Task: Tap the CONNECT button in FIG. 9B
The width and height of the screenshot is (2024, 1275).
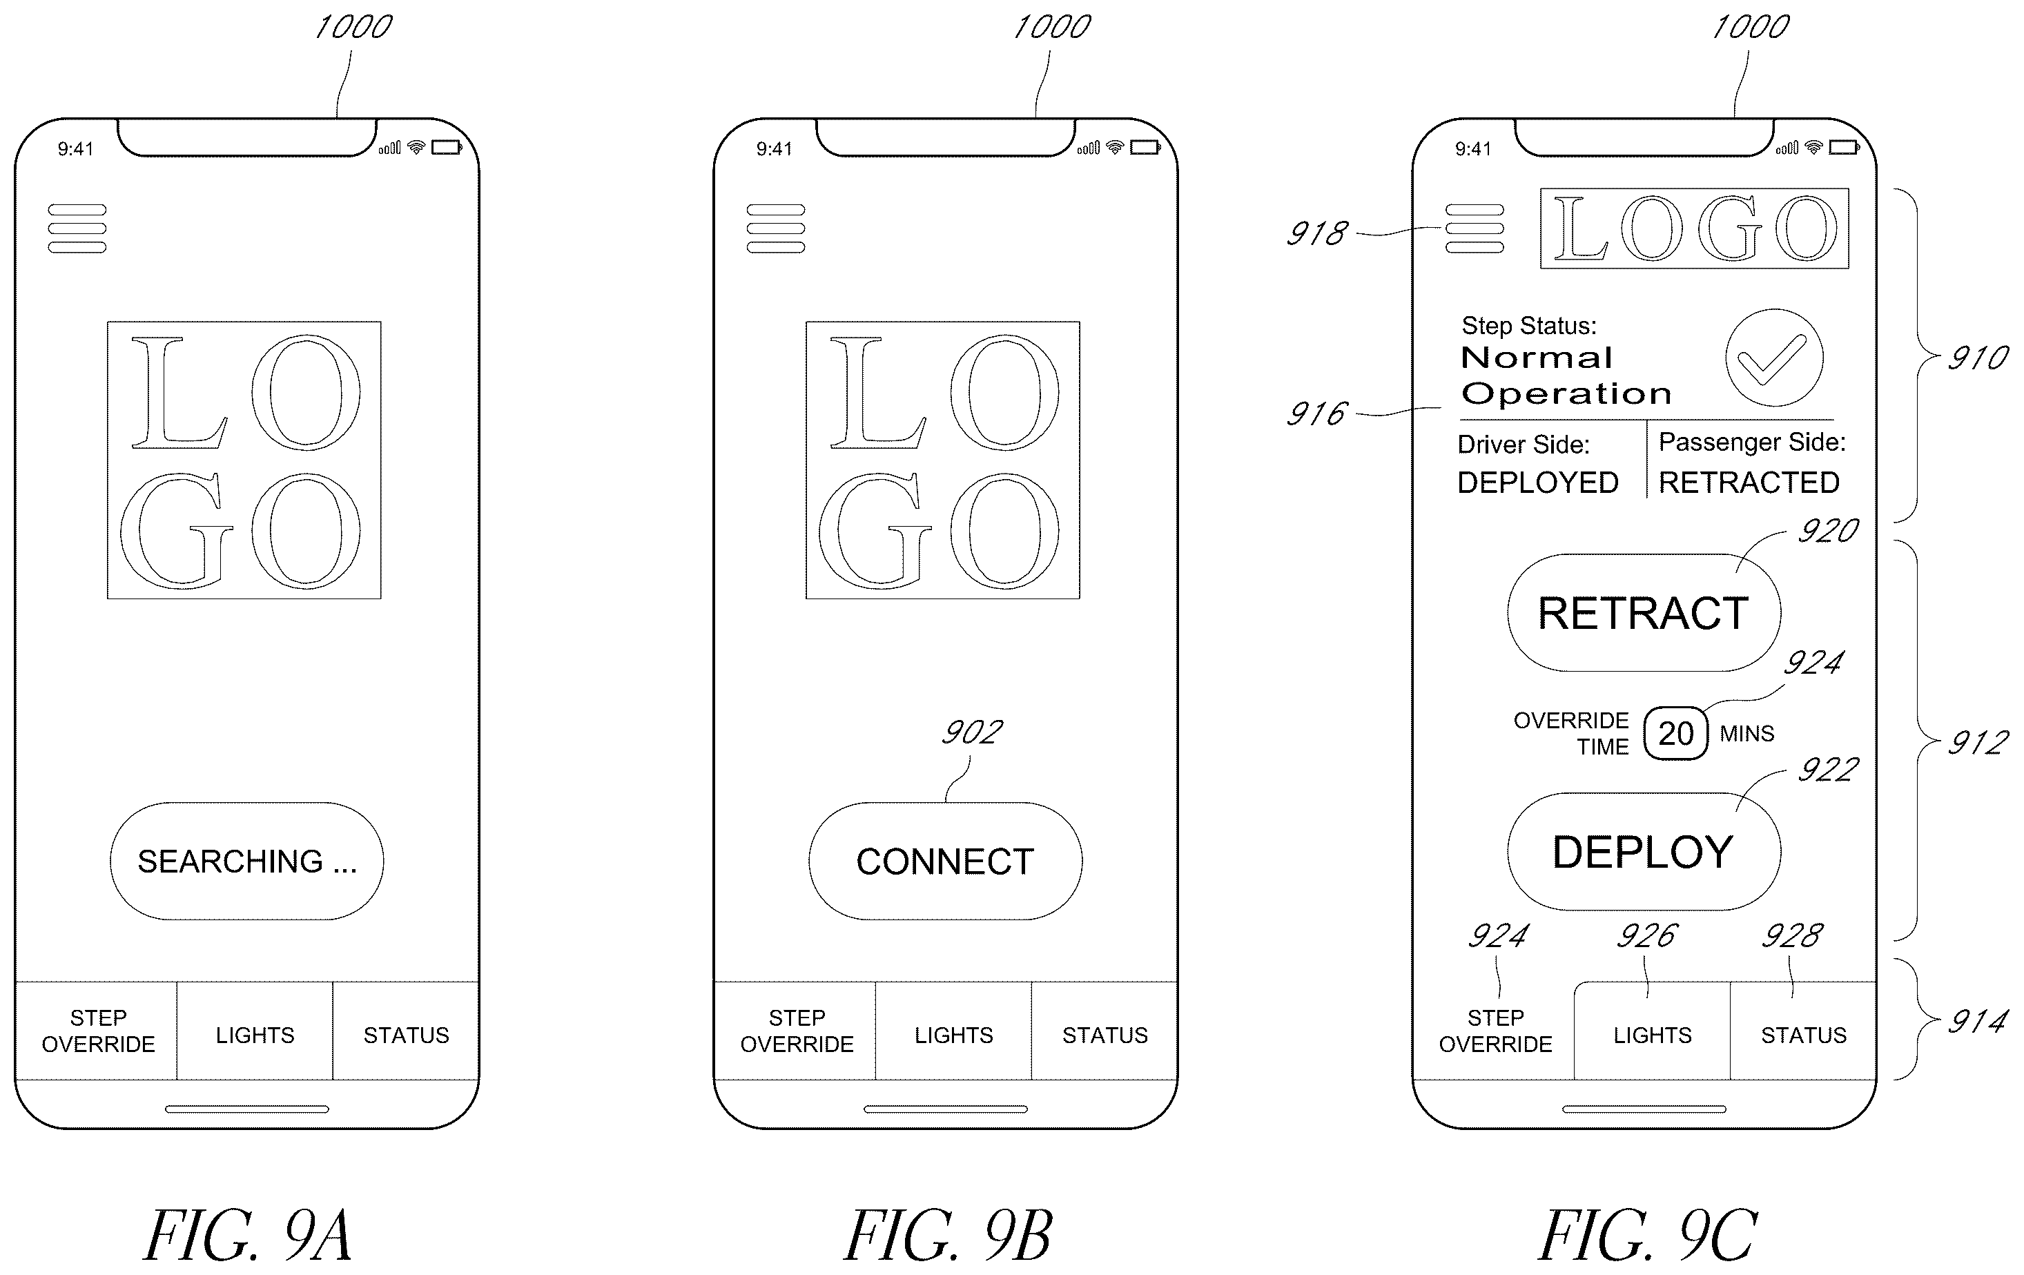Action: [x=945, y=861]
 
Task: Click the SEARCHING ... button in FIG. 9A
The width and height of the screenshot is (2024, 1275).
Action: [x=246, y=861]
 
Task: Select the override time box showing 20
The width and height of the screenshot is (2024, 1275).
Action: [x=1675, y=734]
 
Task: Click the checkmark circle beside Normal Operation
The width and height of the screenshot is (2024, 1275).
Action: [x=1774, y=358]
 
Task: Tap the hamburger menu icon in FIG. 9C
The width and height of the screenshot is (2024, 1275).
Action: [x=1475, y=228]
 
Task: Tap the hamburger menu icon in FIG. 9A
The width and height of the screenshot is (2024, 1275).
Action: [x=77, y=228]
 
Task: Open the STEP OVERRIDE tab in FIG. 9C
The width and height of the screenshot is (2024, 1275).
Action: [x=1495, y=1031]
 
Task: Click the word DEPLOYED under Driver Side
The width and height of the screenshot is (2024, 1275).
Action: [x=1537, y=483]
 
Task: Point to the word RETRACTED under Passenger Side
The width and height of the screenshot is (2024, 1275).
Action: [x=1749, y=483]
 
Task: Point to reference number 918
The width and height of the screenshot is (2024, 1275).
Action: [x=1317, y=233]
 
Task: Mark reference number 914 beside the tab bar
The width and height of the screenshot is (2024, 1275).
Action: [x=1977, y=1021]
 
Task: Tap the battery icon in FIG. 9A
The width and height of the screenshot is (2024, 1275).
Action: [x=447, y=147]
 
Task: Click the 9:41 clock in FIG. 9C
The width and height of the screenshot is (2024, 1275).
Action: [x=1472, y=149]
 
